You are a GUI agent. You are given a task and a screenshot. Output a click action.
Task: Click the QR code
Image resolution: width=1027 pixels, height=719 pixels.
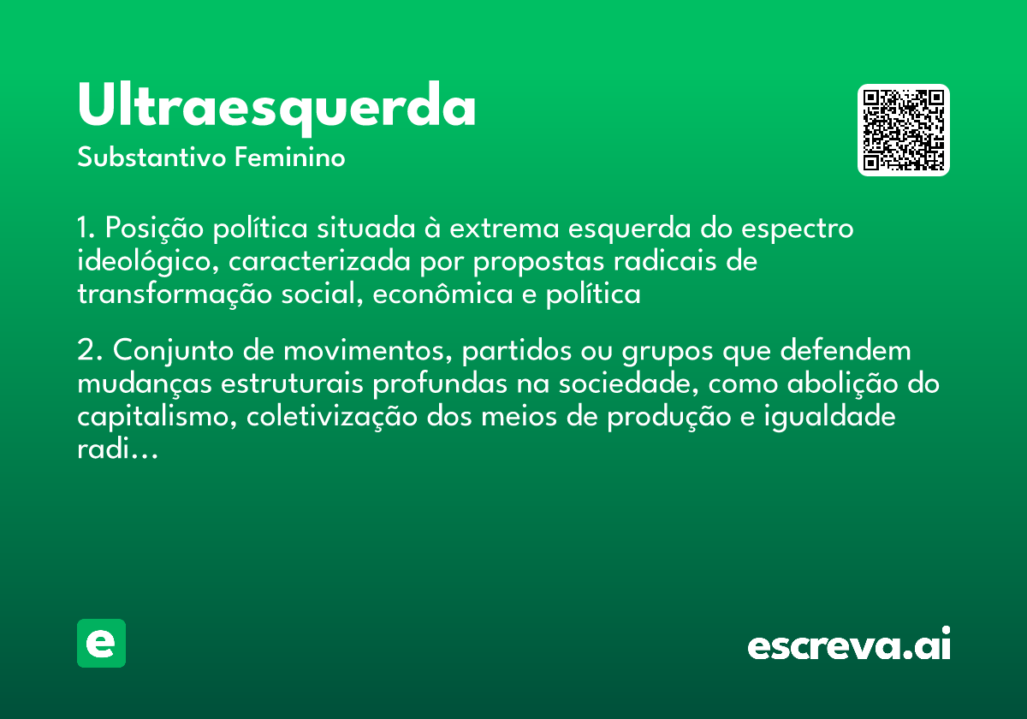click(x=904, y=130)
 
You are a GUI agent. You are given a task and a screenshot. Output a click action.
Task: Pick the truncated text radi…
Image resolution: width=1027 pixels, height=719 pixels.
click(x=117, y=449)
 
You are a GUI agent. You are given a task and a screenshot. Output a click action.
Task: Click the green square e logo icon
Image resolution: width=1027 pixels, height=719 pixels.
click(x=101, y=643)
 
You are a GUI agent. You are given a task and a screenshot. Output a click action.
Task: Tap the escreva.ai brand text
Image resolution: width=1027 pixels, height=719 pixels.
click(x=849, y=645)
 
